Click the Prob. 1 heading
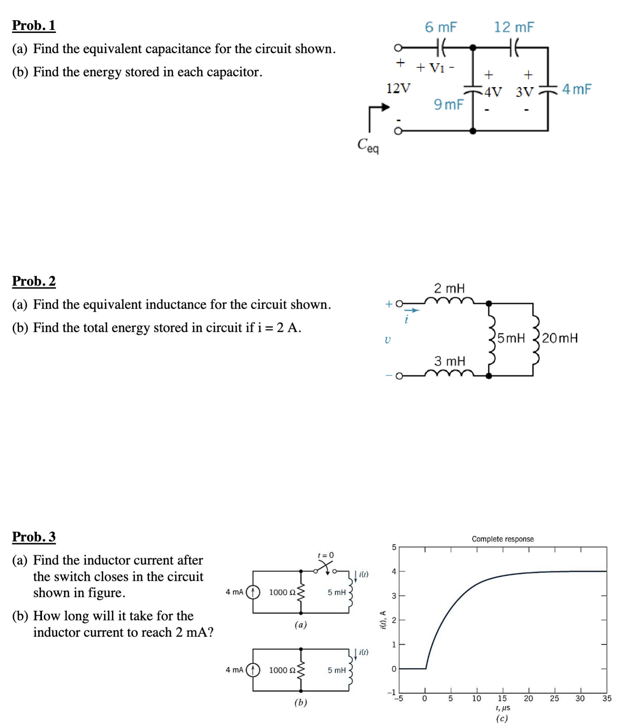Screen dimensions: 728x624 (34, 25)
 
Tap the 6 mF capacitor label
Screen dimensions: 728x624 (441, 27)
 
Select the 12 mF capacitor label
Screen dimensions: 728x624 (514, 27)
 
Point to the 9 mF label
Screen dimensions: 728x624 (449, 104)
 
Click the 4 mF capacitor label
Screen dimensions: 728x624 (576, 89)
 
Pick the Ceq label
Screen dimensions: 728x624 (368, 145)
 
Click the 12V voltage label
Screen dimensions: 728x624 (398, 89)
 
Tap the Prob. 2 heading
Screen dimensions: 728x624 (34, 281)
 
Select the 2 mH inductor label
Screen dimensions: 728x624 (449, 288)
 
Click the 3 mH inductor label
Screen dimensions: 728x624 (450, 361)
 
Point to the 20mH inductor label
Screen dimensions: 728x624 (560, 338)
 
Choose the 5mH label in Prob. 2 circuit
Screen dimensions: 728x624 (511, 338)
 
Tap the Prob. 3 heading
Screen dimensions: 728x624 (34, 537)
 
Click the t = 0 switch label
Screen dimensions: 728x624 (325, 555)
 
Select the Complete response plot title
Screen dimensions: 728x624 (502, 539)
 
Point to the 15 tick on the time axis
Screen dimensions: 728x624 (502, 698)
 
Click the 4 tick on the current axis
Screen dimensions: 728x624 (394, 571)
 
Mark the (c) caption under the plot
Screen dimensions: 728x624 (502, 718)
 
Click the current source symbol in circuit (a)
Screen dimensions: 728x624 (253, 592)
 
